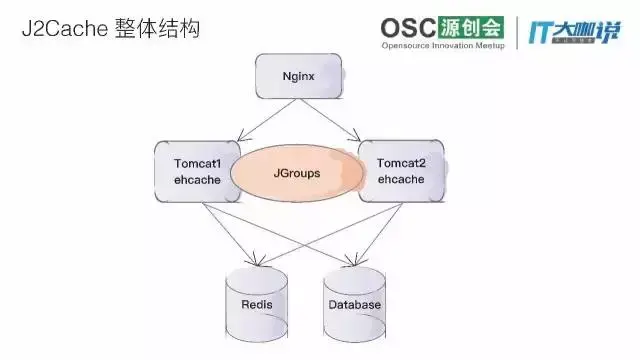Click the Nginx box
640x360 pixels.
(x=299, y=74)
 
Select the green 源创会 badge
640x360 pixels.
(x=468, y=27)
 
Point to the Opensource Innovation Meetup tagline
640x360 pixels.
(x=446, y=46)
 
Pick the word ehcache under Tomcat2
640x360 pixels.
(x=397, y=180)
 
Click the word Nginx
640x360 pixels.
(x=299, y=74)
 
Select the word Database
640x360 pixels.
(x=354, y=305)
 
